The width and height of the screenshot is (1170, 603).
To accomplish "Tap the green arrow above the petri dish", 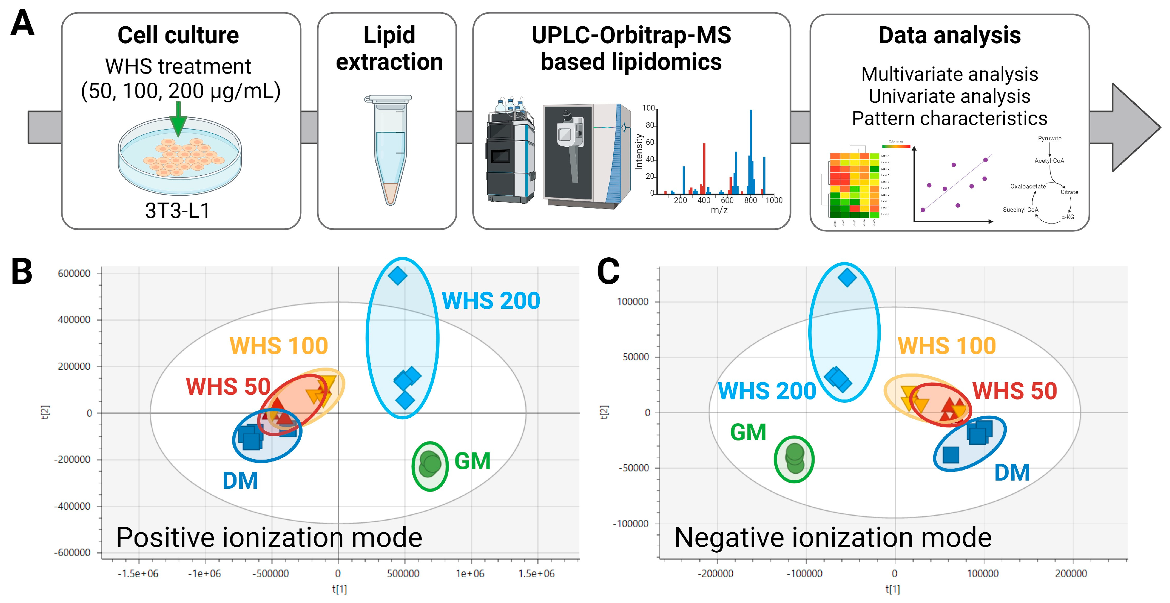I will coord(178,119).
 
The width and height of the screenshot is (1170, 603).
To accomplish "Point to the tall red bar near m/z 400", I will coord(704,168).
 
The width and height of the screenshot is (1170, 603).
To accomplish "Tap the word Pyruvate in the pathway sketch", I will coord(1049,138).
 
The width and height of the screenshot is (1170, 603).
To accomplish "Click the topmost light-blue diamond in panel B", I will coord(397,276).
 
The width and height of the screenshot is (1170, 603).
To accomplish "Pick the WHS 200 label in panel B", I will coord(491,301).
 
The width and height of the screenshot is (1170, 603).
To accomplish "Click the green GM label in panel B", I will coord(472,461).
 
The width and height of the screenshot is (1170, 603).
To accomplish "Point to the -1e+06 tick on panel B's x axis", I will coord(204,574).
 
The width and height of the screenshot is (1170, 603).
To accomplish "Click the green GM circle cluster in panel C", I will coord(794,459).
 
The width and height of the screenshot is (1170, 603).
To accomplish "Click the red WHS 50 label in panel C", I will coord(1014,391).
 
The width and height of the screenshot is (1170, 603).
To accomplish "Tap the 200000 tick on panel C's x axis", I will coord(1071,574).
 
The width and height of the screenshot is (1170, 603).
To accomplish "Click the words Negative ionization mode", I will coord(832,538).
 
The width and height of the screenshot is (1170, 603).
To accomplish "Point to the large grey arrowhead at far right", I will coord(1133,127).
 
